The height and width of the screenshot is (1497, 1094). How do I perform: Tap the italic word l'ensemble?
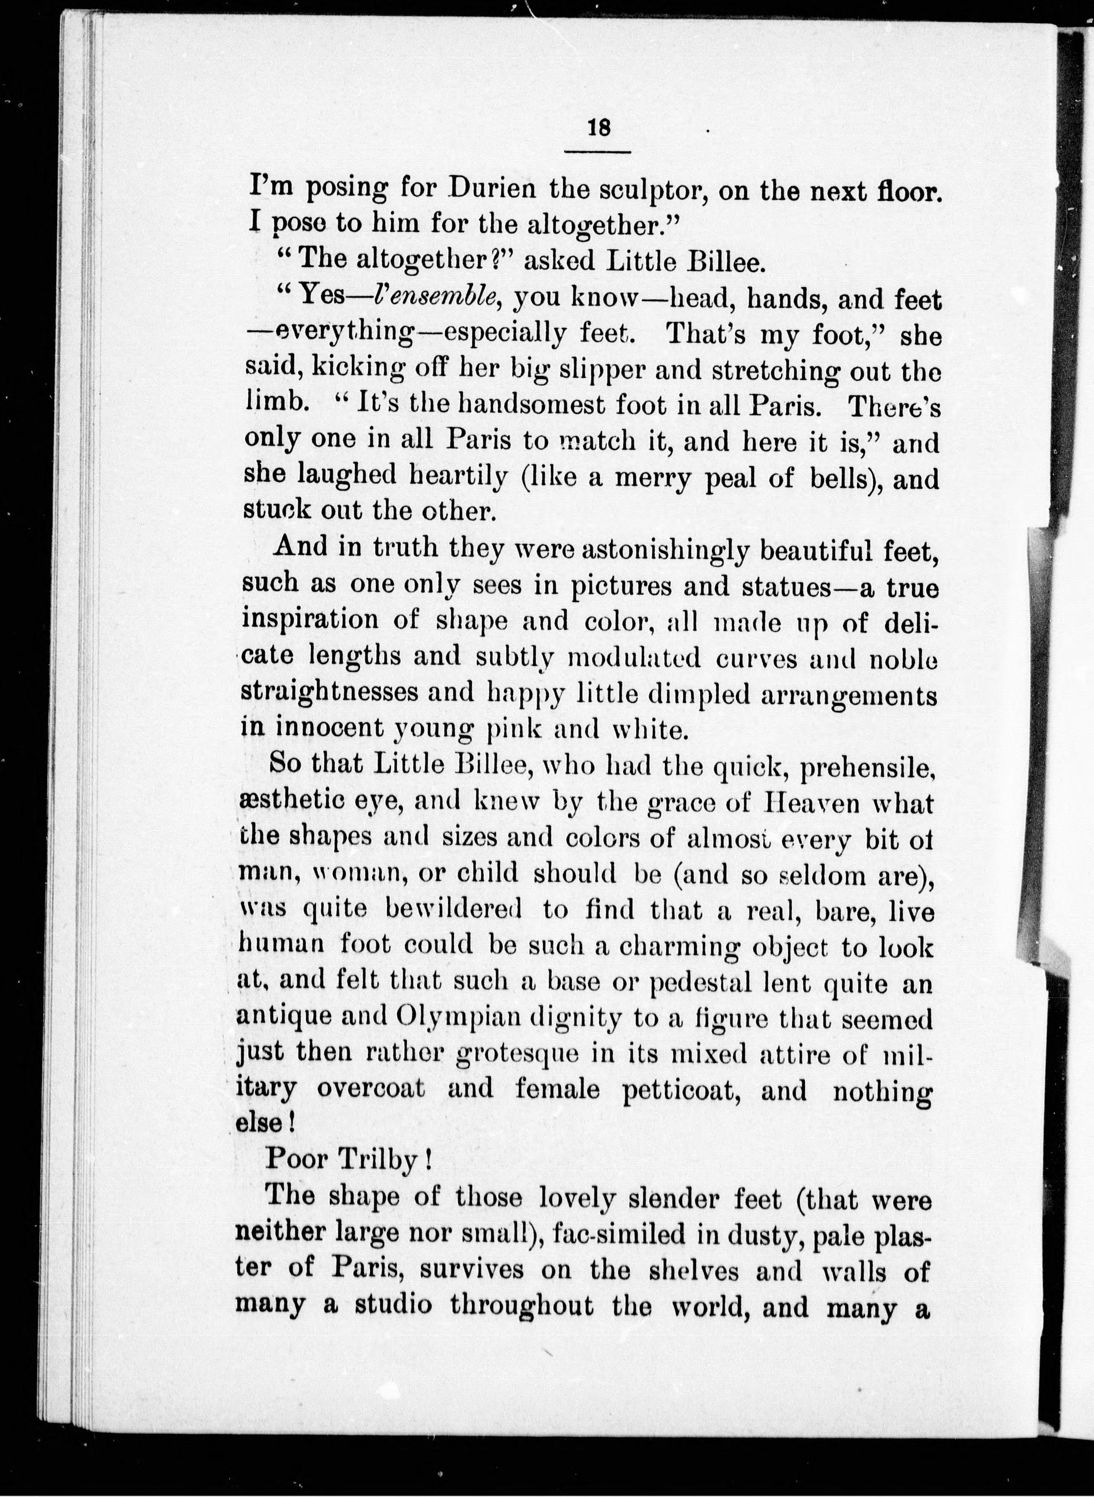coord(432,297)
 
